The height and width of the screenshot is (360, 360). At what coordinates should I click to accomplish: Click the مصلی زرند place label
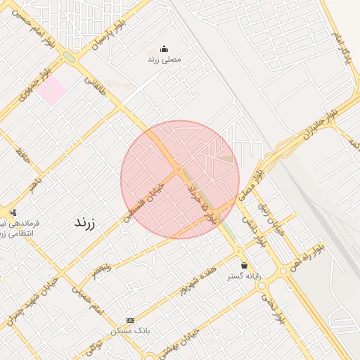pyautogui.click(x=164, y=60)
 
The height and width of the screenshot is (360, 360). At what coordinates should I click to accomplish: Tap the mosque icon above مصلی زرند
pyautogui.click(x=164, y=49)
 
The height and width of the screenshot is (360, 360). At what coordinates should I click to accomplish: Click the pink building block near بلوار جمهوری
pyautogui.click(x=51, y=90)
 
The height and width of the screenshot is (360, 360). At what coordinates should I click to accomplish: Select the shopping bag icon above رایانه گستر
pyautogui.click(x=244, y=265)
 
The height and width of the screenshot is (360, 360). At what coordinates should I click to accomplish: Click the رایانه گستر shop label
pyautogui.click(x=244, y=276)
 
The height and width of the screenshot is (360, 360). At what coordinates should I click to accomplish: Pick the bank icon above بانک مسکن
pyautogui.click(x=129, y=319)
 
